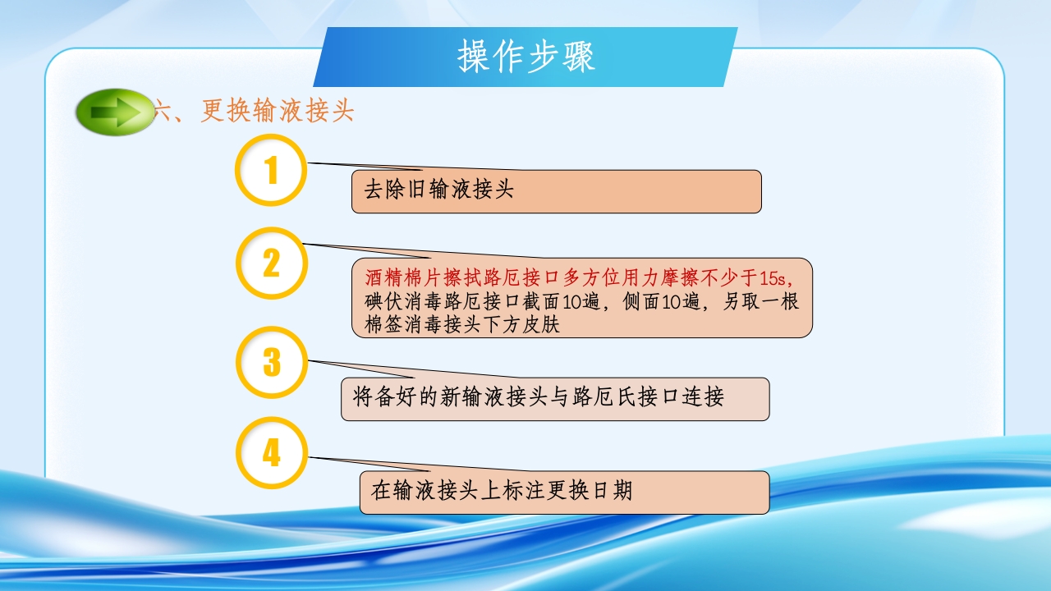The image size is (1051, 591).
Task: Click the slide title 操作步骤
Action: click(525, 57)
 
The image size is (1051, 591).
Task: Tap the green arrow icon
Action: click(114, 112)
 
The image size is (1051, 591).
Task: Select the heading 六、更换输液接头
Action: click(254, 112)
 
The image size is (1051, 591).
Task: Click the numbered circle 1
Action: click(271, 170)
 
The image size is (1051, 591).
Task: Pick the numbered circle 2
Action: click(271, 263)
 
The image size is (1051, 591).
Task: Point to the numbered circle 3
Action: click(271, 362)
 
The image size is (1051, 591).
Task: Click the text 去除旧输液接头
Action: click(438, 190)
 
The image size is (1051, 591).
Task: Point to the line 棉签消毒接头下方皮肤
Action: click(461, 324)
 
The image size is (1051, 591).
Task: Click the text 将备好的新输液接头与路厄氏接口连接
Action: click(538, 398)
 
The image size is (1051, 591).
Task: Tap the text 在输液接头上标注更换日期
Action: click(502, 491)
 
